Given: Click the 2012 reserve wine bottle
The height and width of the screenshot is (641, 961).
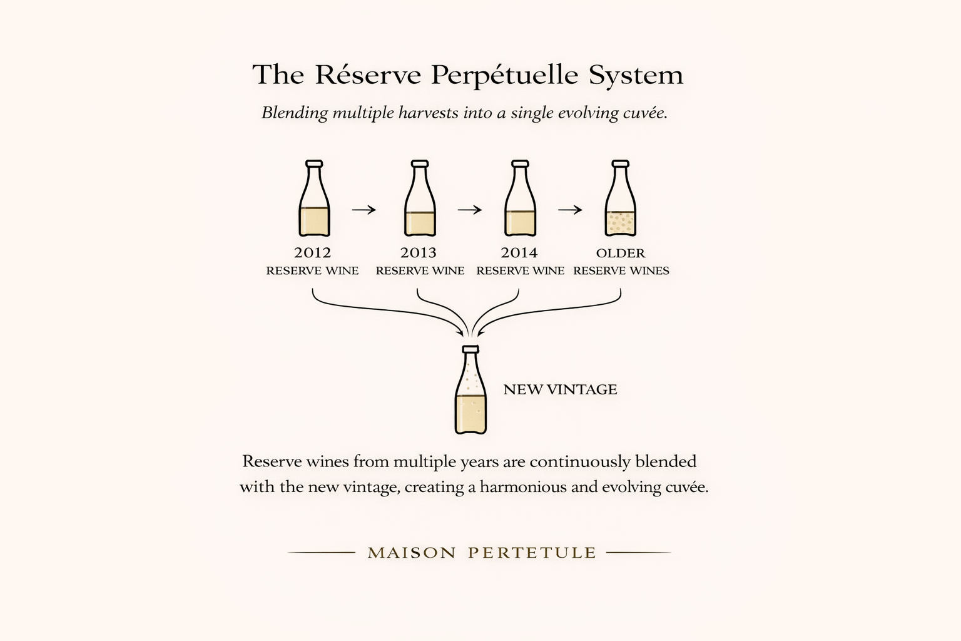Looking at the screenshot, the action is tap(314, 200).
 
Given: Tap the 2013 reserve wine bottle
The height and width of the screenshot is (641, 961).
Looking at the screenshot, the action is tap(420, 200).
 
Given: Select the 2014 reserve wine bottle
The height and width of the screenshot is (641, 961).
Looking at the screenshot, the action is tap(520, 200).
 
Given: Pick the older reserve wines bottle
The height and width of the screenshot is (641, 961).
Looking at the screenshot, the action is tap(620, 200).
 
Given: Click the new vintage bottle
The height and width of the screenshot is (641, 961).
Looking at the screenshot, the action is tap(470, 394).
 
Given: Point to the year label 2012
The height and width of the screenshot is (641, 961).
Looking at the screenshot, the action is tap(312, 253).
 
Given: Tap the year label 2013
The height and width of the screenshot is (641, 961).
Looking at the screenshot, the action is tap(419, 253).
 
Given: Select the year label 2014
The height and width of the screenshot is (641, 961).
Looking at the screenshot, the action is tap(519, 253).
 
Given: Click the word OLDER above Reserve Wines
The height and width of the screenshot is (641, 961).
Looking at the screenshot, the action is tap(621, 254).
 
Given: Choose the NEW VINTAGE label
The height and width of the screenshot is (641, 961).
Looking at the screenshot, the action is tap(560, 389).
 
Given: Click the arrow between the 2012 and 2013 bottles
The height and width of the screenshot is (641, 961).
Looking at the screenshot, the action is tap(364, 210).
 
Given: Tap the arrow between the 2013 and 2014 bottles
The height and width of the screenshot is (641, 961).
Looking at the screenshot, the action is tap(470, 210).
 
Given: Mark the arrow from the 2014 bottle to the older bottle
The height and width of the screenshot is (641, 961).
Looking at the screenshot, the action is tap(570, 210).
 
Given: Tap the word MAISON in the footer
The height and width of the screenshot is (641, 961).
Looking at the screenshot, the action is tap(412, 553).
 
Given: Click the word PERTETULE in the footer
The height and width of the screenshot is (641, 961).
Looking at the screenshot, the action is tap(532, 553).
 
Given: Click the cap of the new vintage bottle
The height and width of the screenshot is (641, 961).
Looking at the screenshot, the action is tap(470, 349).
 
